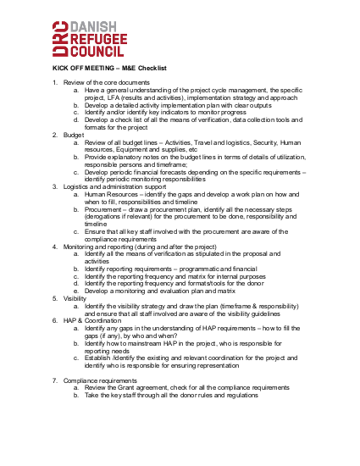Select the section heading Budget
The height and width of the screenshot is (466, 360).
click(74, 135)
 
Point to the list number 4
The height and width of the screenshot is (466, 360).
click(54, 247)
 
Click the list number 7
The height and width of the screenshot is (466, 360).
click(54, 380)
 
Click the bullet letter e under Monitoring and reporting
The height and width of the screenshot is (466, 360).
click(75, 291)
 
